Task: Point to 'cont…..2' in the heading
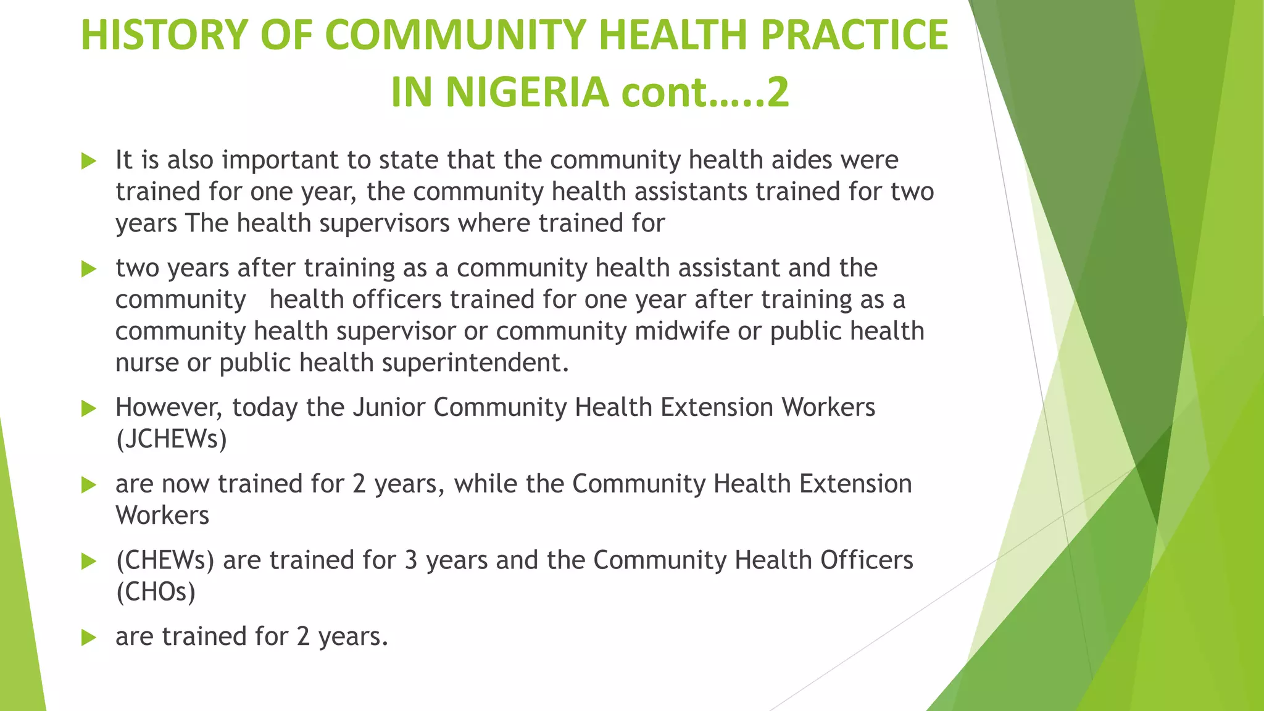pos(705,93)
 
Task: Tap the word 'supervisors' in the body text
pos(385,223)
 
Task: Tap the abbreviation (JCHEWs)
pos(172,439)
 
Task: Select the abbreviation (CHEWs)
pos(165,560)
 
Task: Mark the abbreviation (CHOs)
pos(156,592)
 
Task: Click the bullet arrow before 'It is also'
pos(89,162)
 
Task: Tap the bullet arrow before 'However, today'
pos(89,409)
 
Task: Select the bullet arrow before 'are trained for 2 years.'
pos(89,638)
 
